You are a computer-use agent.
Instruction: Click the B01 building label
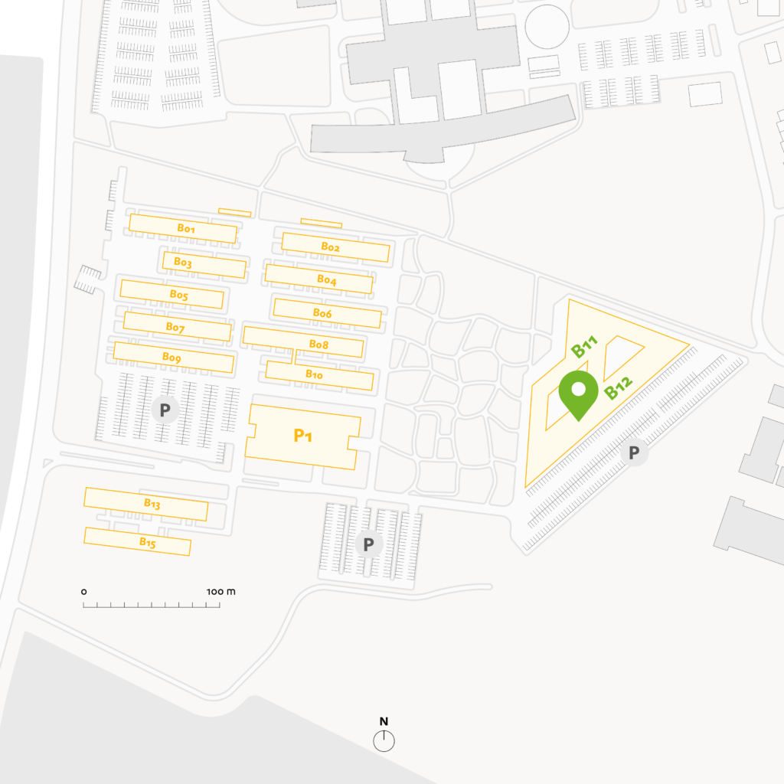(x=187, y=228)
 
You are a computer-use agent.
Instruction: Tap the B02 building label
(x=330, y=247)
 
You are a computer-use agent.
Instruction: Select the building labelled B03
(x=182, y=262)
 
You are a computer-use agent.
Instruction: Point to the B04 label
(x=327, y=280)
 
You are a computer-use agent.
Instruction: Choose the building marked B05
(x=178, y=294)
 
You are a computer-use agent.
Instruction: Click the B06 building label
(x=322, y=313)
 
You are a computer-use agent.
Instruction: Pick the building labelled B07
(x=175, y=327)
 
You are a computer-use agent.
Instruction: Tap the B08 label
(x=318, y=345)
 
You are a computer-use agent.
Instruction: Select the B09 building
(x=171, y=357)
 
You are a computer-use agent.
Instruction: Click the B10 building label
(x=314, y=374)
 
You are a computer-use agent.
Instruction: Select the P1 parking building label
(x=303, y=436)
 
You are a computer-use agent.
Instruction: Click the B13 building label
(x=152, y=503)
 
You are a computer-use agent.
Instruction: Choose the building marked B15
(x=147, y=542)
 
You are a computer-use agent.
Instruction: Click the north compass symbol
(x=384, y=740)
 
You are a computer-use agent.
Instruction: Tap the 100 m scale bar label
(x=220, y=592)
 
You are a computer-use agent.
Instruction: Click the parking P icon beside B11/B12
(x=634, y=452)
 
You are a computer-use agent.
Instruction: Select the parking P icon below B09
(x=165, y=410)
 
